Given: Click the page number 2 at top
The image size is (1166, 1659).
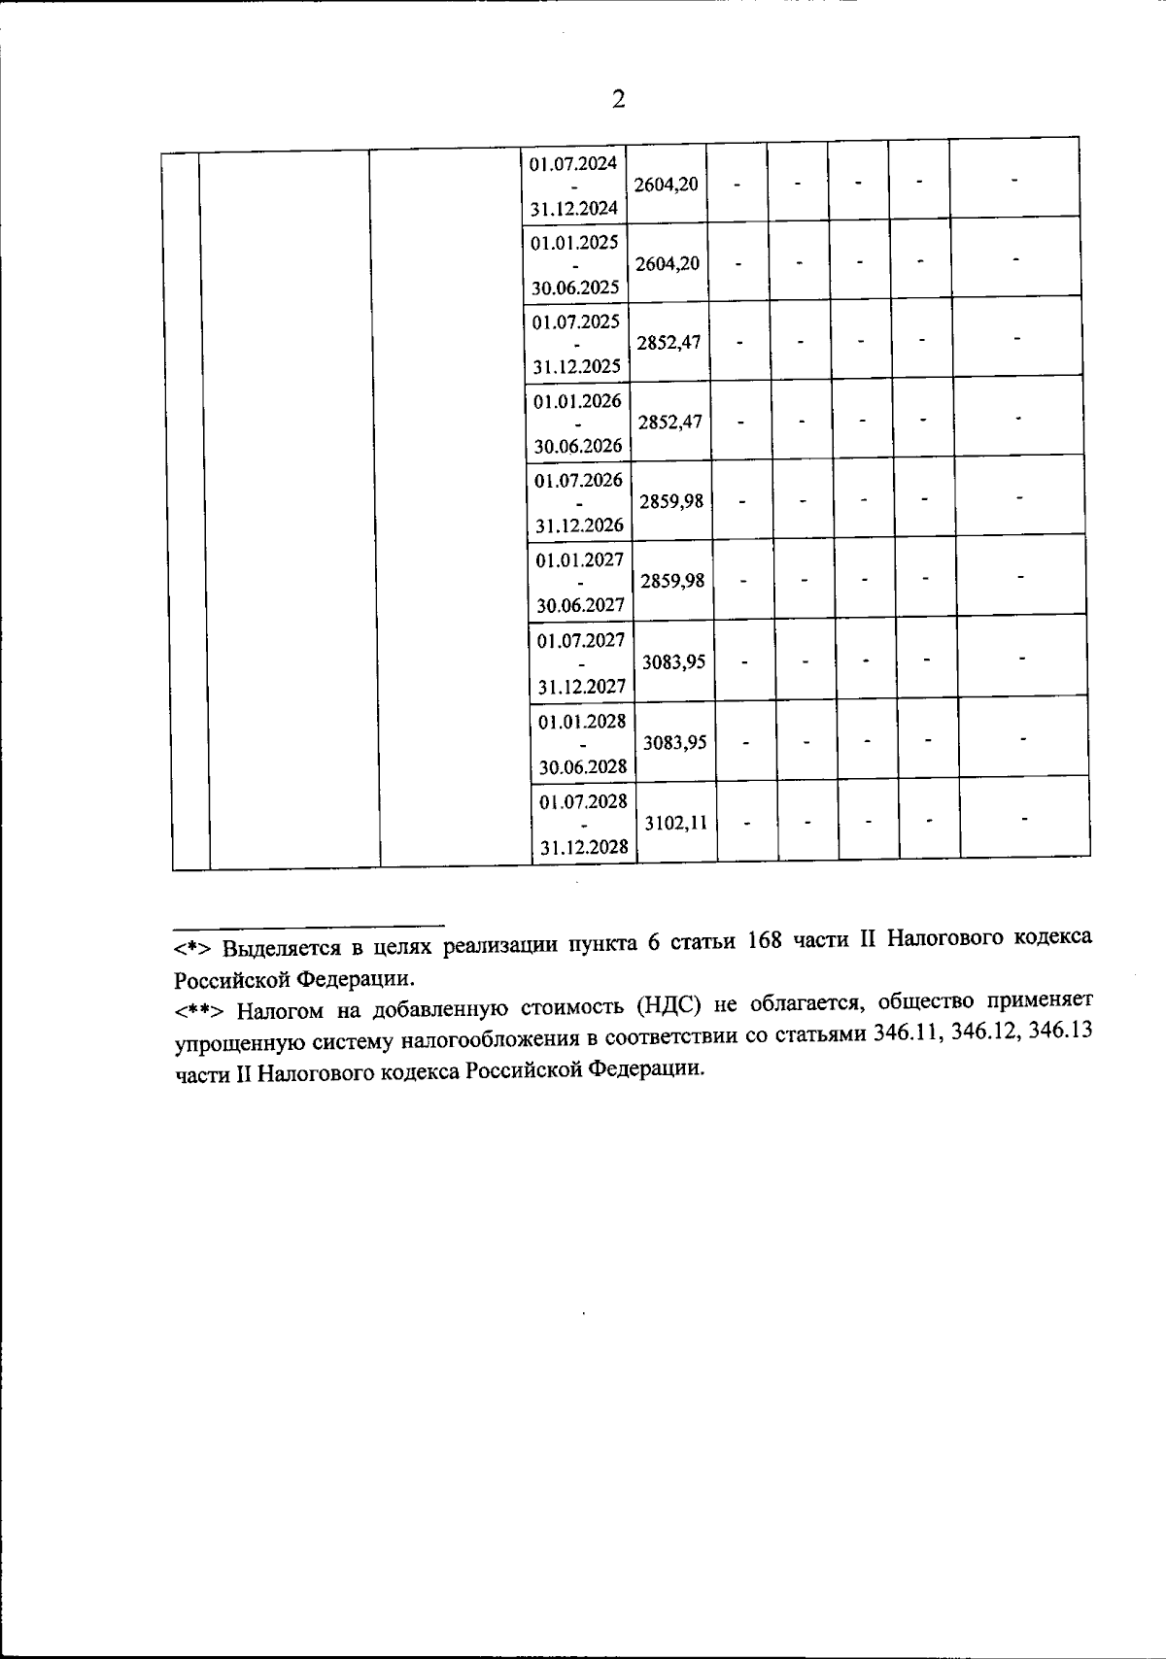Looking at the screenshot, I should tap(618, 99).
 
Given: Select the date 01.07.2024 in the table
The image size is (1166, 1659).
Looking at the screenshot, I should tap(573, 163).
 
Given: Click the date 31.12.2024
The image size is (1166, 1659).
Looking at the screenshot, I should tap(574, 208).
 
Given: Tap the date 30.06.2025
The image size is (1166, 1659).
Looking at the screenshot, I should tap(575, 288).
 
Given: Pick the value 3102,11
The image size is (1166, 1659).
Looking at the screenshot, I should tap(675, 823).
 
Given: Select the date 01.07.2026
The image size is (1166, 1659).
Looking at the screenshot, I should tap(579, 480).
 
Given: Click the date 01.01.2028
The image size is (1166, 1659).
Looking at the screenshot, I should tap(583, 722).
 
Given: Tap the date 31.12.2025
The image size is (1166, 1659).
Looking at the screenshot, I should tap(577, 367).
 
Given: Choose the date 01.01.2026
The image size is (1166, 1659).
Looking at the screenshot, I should tap(577, 400).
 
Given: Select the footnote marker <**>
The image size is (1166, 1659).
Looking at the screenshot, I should tap(200, 1010).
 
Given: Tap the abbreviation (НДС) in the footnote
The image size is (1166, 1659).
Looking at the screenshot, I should tap(667, 1005).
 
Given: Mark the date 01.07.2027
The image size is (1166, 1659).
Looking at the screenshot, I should tap(581, 640).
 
